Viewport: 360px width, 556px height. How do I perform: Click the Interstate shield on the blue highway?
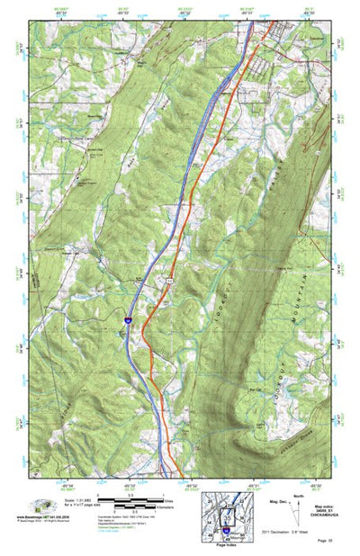point(128,319)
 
